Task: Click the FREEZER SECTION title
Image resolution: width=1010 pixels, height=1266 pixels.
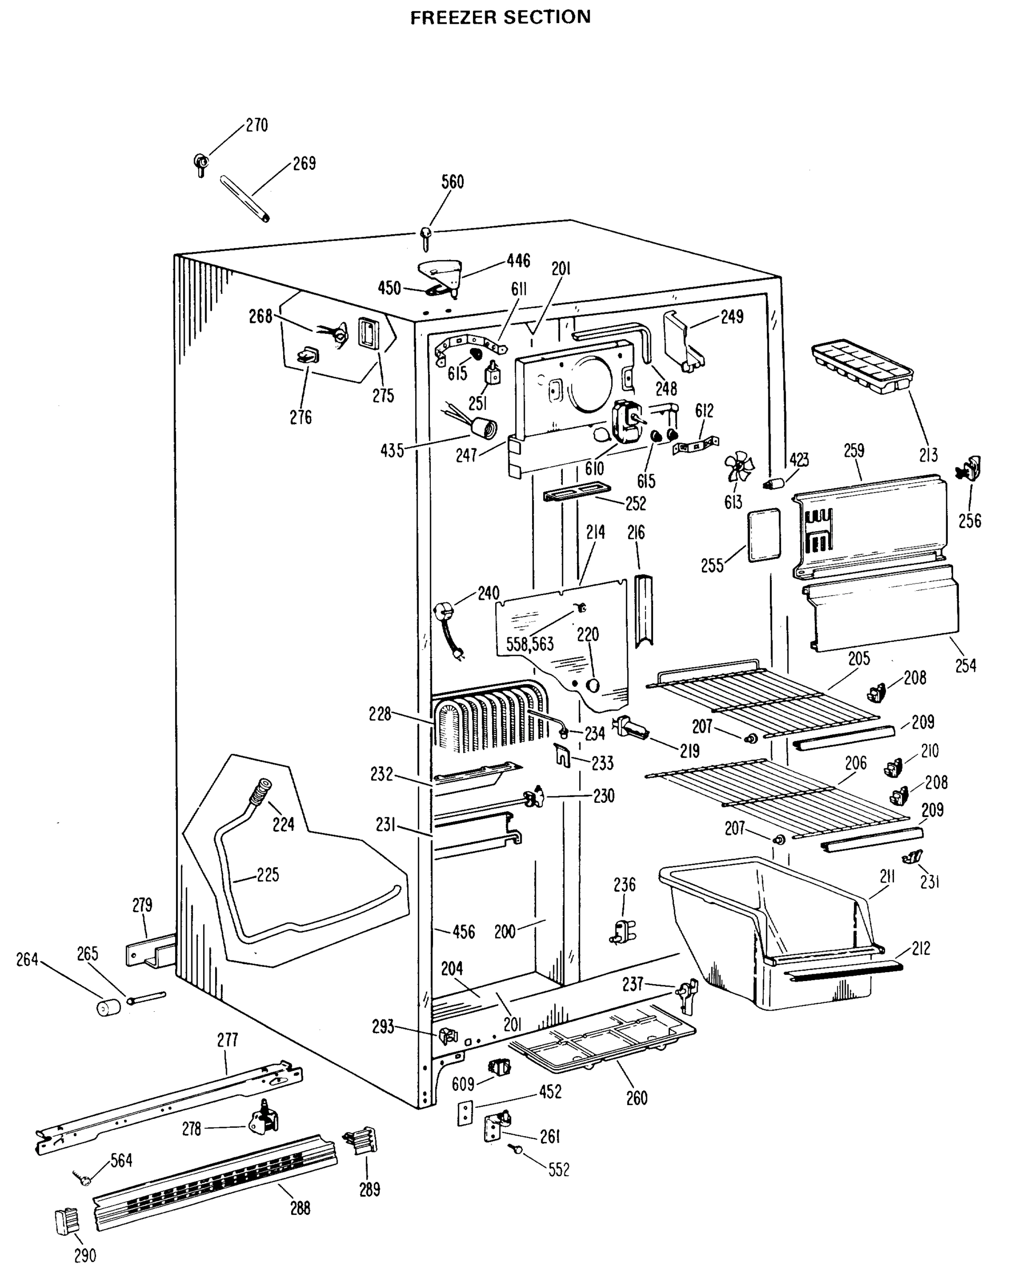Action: point(501,17)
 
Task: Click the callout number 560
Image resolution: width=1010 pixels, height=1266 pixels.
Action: point(453,182)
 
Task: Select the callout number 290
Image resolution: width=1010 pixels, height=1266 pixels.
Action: point(85,1255)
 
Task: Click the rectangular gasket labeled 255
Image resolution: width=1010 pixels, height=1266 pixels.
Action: point(764,535)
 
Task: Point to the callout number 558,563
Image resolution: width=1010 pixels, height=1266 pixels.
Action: point(530,645)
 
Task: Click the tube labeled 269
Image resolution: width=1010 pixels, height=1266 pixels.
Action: point(245,198)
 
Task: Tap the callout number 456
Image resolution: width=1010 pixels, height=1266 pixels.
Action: point(463,932)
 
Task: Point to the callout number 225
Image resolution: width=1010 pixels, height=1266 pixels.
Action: point(268,875)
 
